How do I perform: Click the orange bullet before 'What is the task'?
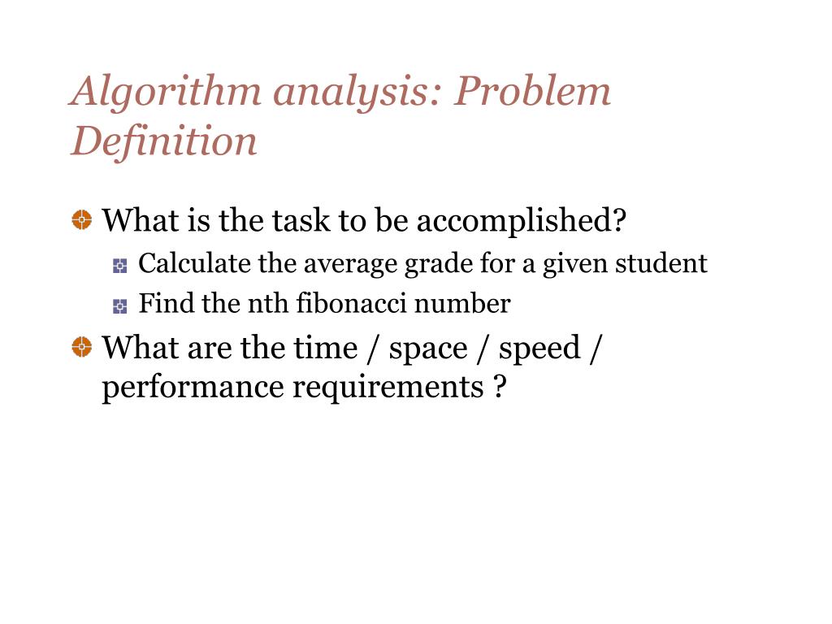[x=81, y=219]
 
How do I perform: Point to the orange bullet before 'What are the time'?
[x=81, y=348]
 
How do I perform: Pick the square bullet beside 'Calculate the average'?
[x=120, y=265]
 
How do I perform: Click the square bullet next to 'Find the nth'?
[x=120, y=305]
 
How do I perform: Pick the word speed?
[x=539, y=349]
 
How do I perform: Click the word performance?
[x=193, y=388]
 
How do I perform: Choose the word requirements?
[x=388, y=388]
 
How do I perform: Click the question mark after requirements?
[x=499, y=387]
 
